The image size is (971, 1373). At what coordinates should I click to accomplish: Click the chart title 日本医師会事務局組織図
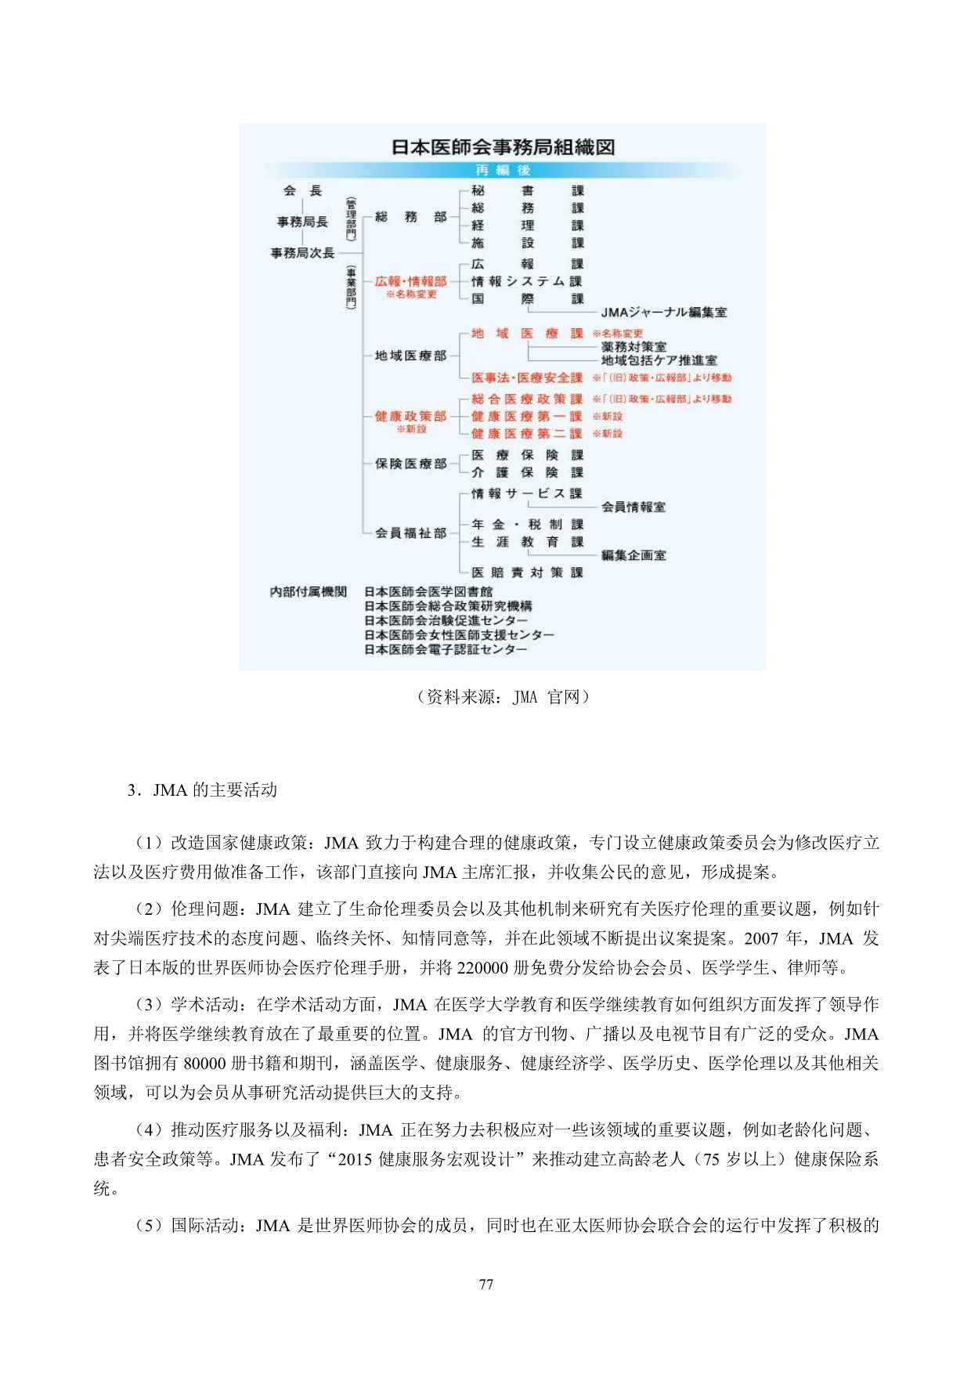click(503, 147)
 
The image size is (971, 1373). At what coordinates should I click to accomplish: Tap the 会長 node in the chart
click(302, 191)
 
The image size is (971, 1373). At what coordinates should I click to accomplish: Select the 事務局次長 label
click(302, 253)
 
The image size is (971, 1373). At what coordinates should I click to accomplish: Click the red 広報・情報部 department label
click(410, 281)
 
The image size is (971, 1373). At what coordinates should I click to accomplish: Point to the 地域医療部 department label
click(410, 356)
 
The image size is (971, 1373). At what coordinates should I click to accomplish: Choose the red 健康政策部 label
click(410, 416)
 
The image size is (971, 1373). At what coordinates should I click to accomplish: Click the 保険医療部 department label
click(410, 464)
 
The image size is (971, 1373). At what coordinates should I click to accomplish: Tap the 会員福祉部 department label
click(410, 533)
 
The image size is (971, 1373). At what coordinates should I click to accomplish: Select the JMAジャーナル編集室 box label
click(663, 313)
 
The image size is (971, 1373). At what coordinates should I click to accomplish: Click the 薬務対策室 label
click(633, 346)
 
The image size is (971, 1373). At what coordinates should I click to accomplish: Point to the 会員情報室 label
click(633, 507)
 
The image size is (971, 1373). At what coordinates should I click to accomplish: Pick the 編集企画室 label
click(633, 555)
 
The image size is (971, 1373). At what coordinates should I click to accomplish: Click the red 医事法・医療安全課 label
click(527, 378)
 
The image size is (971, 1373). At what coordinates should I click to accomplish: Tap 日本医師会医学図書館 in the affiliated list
click(428, 591)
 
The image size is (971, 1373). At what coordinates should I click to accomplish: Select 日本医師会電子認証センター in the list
click(446, 649)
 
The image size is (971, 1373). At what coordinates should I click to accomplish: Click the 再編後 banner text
click(503, 170)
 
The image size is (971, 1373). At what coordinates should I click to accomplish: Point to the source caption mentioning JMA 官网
click(502, 697)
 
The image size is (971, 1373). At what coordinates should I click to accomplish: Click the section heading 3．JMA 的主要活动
click(202, 789)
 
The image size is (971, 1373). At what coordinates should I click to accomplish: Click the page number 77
click(485, 1284)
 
